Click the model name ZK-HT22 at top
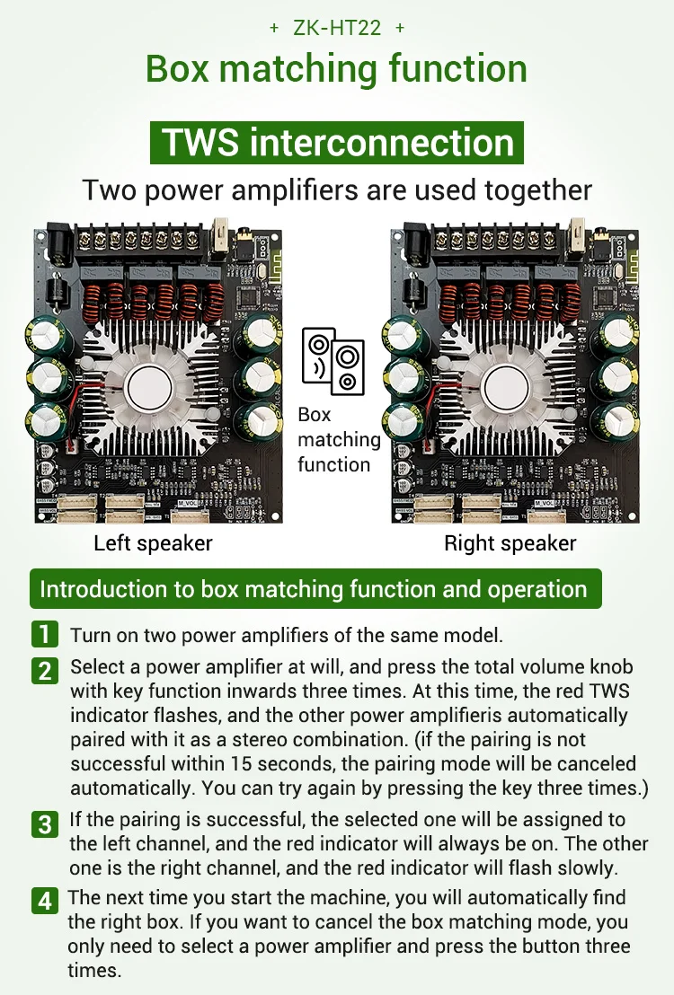point(337,28)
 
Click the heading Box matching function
point(337,69)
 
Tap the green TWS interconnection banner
point(337,144)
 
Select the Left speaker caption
point(153,543)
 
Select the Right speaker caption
point(510,543)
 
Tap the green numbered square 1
point(45,634)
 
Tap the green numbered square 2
point(45,670)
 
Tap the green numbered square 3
point(45,823)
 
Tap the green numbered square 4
point(45,901)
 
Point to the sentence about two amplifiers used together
point(337,190)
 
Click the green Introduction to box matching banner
point(314,589)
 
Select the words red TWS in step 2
point(604,692)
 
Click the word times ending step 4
point(93,971)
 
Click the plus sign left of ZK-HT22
point(274,28)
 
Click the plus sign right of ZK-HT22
point(400,28)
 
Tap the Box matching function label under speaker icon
point(339,439)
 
